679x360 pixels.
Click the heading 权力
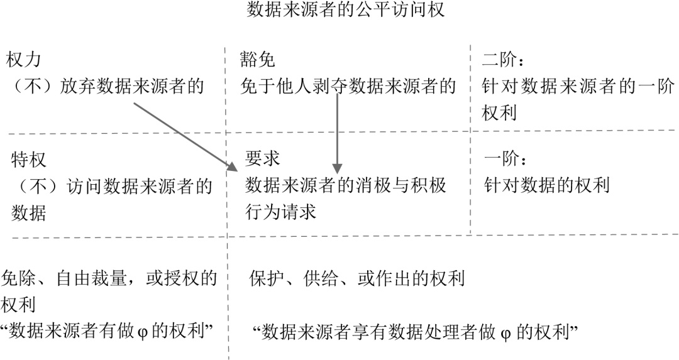tap(23, 60)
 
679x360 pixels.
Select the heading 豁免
tap(258, 60)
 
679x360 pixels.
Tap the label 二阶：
tap(504, 60)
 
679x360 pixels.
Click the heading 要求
tap(263, 160)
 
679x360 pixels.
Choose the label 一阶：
tap(504, 160)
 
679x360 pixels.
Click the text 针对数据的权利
tap(547, 185)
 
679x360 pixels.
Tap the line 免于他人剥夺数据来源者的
tap(348, 86)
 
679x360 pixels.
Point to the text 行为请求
tap(280, 211)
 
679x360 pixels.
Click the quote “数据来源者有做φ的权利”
tap(108, 331)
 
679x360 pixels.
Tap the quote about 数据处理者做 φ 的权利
tap(414, 331)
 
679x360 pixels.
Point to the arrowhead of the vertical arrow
tap(338, 168)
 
